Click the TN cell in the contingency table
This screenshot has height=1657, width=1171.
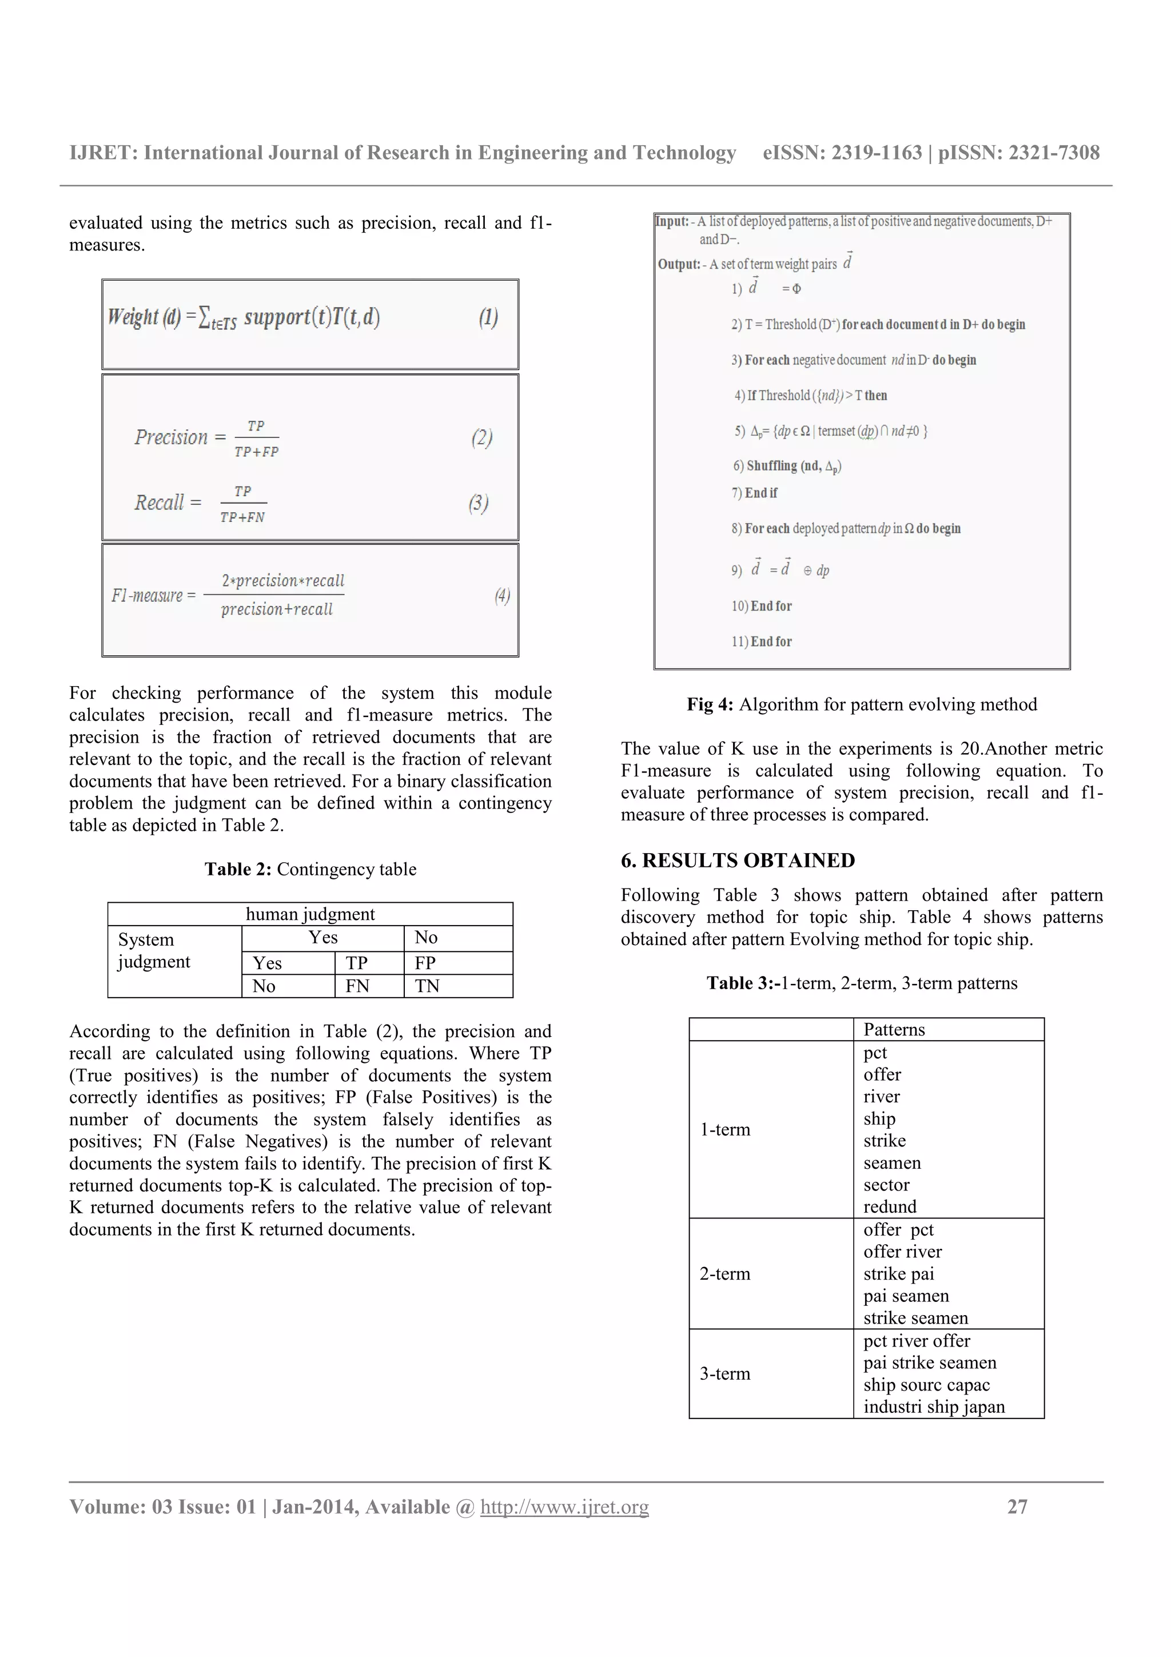click(x=427, y=986)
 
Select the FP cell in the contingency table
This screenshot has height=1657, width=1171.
click(x=425, y=963)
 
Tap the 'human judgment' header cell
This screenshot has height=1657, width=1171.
click(x=310, y=914)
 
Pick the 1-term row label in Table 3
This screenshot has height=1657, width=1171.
click(x=724, y=1129)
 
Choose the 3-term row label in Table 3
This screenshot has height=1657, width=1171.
click(x=724, y=1373)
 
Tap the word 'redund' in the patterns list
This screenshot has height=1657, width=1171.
click(x=890, y=1206)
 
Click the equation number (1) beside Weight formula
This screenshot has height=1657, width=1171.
click(x=488, y=317)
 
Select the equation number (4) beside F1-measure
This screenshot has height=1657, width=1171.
click(x=502, y=595)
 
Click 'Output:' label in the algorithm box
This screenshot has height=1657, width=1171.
click(x=678, y=264)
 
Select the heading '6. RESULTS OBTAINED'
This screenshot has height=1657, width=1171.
click(x=738, y=861)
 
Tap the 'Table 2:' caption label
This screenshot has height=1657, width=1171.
click(x=237, y=869)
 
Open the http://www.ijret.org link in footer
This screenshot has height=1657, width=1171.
click(x=564, y=1506)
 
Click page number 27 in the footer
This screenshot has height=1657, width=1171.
click(x=1017, y=1506)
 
